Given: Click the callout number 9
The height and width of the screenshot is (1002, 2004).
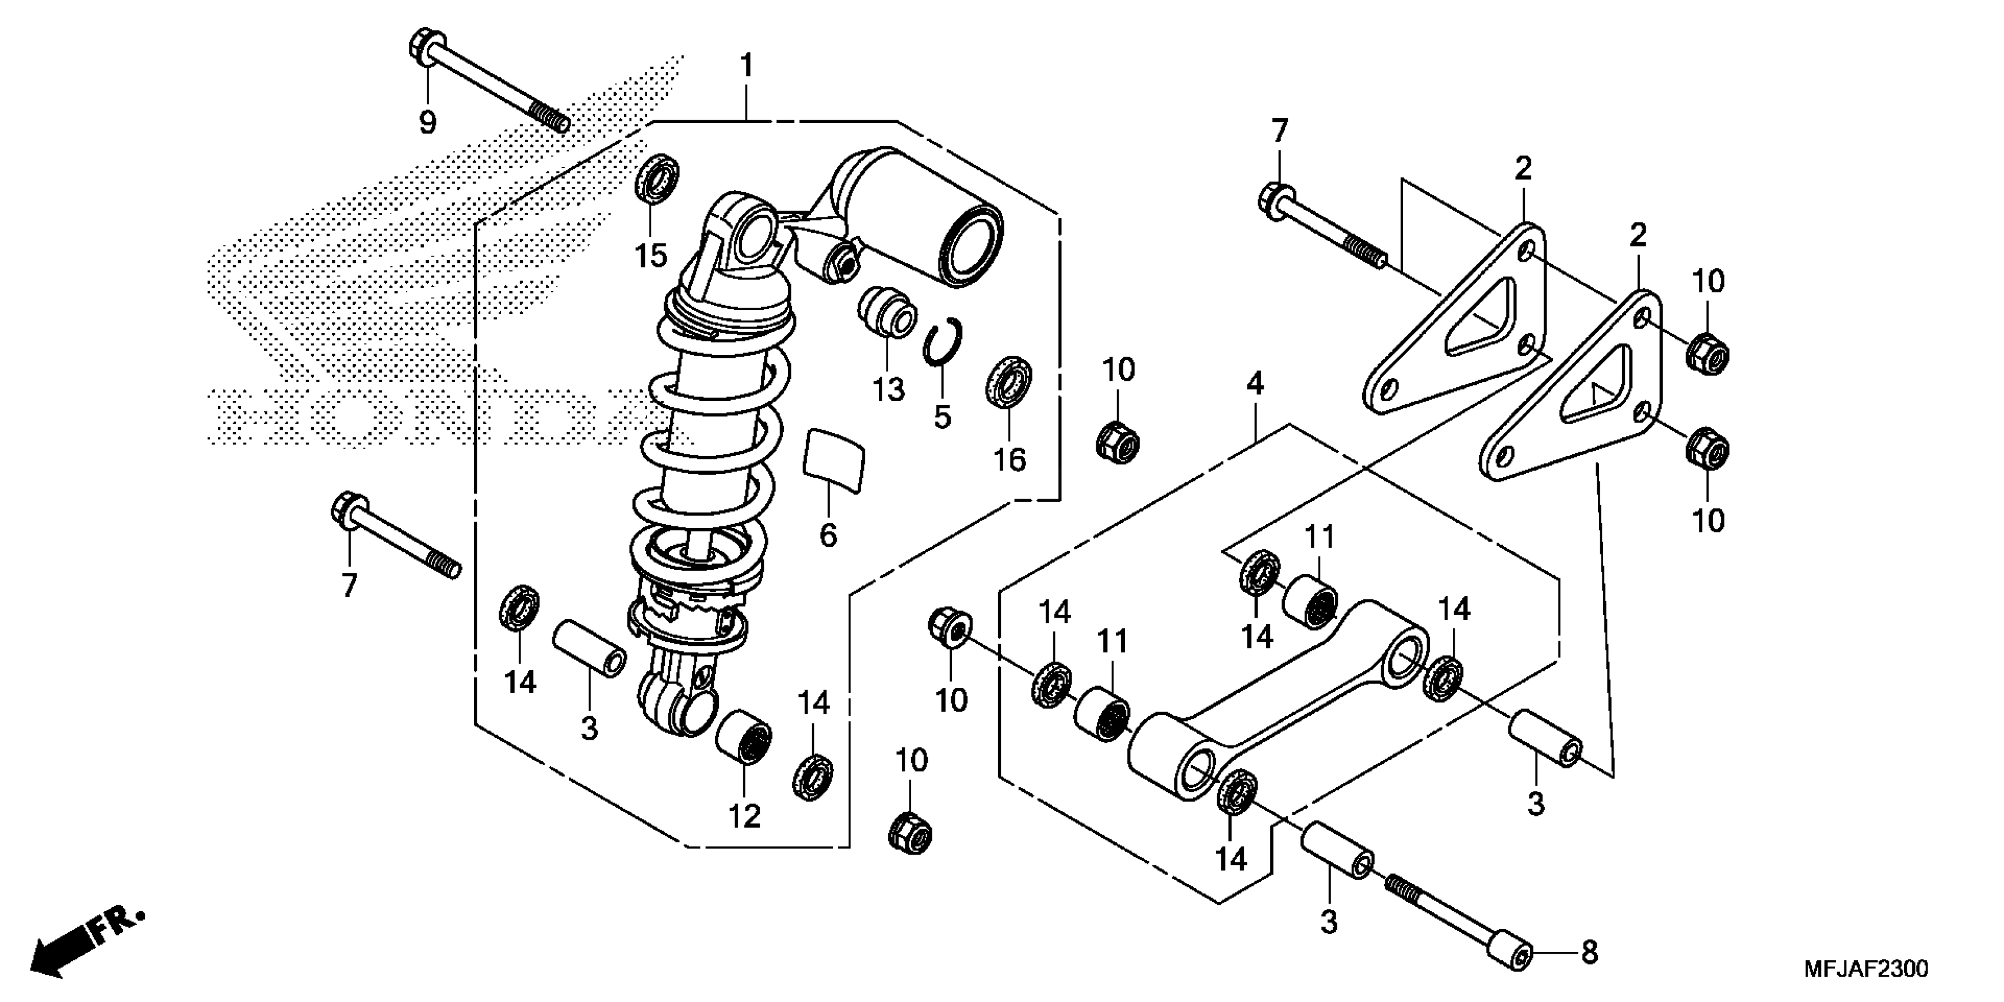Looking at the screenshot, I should coord(427,122).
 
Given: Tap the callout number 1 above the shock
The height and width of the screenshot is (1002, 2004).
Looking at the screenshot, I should coord(747,66).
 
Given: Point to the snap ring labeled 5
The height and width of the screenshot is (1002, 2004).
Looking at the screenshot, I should coord(944,342).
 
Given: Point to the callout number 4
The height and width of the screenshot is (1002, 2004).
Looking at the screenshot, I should coord(1255,384).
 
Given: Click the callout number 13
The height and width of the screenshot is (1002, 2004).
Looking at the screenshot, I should coord(888,389).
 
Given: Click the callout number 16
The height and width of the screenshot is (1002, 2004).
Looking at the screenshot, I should coord(1010,460).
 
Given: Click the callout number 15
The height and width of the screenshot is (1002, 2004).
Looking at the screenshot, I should coord(651,255).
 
